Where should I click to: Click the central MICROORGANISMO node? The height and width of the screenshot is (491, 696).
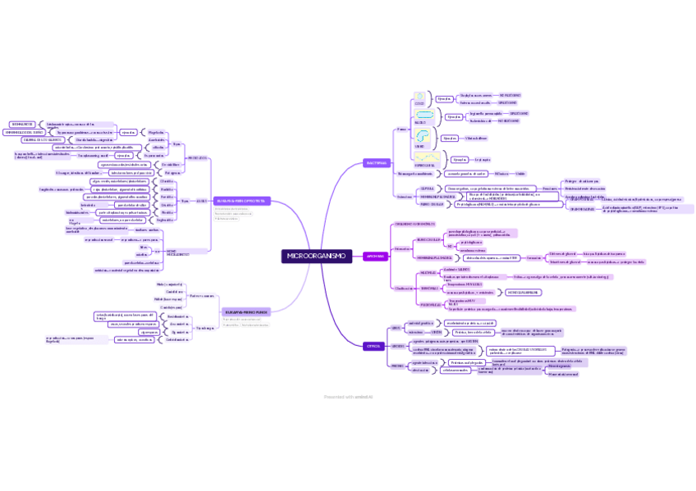point(317,257)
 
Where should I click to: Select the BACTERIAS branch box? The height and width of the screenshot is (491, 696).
point(376,163)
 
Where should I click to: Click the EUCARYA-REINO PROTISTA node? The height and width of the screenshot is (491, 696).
point(242,200)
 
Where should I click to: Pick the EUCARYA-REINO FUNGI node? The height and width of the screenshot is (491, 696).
point(246,312)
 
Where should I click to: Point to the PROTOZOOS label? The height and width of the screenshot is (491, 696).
point(197,157)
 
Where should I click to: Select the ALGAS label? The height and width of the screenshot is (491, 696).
point(201,201)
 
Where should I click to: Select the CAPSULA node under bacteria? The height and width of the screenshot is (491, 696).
point(427,189)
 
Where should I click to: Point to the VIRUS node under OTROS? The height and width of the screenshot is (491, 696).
point(396,327)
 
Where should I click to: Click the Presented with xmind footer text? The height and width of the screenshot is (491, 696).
point(348,397)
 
